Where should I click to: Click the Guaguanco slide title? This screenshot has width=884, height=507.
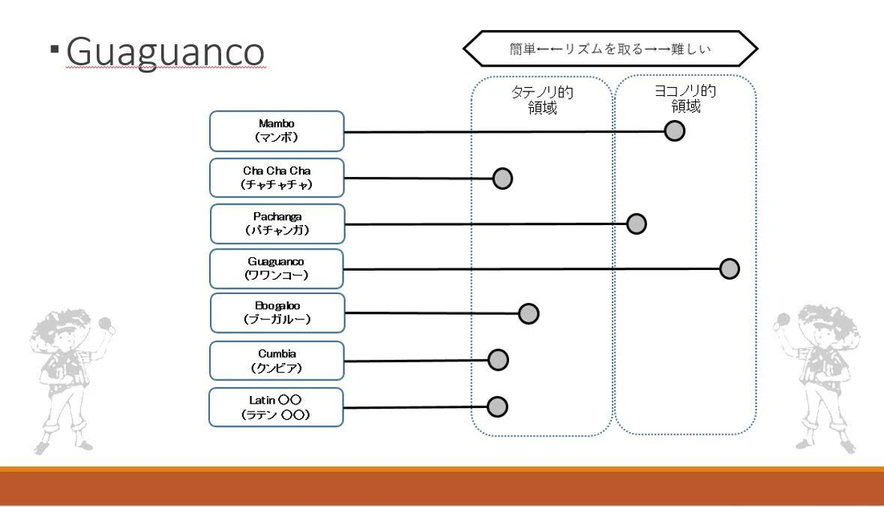coord(165,52)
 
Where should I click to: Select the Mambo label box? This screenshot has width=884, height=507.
coord(277,130)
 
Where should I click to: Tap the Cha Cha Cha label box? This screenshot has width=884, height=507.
coord(277,178)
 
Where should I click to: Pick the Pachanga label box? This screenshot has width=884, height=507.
coord(277,224)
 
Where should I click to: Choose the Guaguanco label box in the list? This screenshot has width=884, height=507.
coord(276,268)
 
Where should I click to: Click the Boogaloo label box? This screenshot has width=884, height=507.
coord(277,313)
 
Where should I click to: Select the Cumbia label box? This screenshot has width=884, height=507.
coord(277,361)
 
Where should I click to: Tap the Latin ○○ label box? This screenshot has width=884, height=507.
coord(276,407)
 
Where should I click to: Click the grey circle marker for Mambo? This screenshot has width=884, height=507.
coord(674,130)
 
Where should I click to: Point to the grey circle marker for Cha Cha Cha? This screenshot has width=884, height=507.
coord(502,178)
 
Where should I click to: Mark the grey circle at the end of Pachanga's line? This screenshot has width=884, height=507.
coord(637,224)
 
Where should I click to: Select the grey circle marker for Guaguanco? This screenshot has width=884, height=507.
coord(730,268)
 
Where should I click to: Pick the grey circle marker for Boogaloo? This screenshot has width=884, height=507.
coord(529,313)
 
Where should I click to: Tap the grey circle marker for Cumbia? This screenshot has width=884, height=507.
coord(499,360)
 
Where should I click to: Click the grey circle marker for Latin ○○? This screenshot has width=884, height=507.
coord(497,406)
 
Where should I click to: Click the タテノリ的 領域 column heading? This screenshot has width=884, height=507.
coord(542,100)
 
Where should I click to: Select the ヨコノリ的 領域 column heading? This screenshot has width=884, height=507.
coord(685,99)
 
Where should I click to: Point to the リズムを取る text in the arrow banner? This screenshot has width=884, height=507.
coord(604,49)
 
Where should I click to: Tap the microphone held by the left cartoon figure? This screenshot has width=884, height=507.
coord(105,324)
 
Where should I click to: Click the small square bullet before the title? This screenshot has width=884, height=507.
coord(54,49)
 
